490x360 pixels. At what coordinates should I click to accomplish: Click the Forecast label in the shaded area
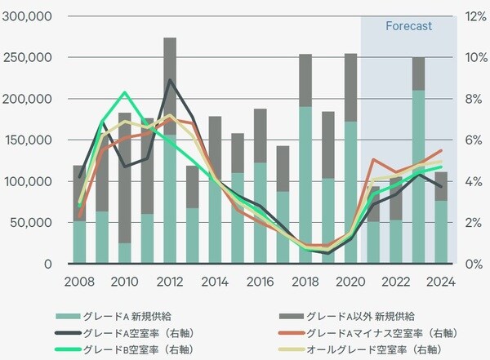point(408,26)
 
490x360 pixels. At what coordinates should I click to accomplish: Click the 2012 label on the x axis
point(169,282)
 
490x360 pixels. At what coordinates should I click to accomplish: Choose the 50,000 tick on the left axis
point(33,223)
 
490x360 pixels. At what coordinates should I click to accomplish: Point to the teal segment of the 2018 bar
point(305,184)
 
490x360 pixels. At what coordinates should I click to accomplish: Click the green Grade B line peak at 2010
point(124,92)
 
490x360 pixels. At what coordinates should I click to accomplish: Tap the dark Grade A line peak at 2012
point(169,80)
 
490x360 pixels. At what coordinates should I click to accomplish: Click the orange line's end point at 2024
point(441,150)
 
